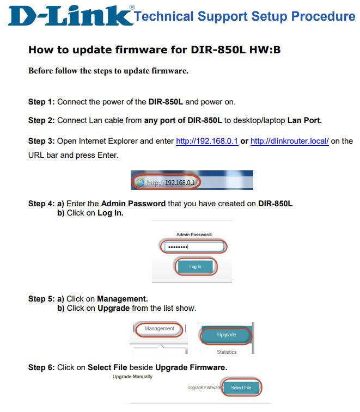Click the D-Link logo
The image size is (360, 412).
70,16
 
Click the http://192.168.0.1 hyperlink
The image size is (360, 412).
207,141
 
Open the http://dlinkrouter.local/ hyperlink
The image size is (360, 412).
290,141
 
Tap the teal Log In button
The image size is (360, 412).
195,267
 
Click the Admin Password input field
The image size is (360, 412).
194,247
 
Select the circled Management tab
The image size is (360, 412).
160,328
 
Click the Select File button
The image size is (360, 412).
241,388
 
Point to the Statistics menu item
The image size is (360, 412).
227,352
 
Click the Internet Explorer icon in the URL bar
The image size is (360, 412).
141,182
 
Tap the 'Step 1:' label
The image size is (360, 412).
41,102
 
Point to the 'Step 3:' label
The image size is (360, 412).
41,141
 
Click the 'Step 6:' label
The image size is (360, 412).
41,367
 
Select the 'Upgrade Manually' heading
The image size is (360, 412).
132,377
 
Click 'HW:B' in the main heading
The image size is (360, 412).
265,50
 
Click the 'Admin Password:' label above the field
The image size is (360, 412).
194,235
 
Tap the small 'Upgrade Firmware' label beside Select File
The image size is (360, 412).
205,388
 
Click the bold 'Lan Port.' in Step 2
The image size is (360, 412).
304,120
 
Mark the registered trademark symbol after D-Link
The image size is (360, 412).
132,8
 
